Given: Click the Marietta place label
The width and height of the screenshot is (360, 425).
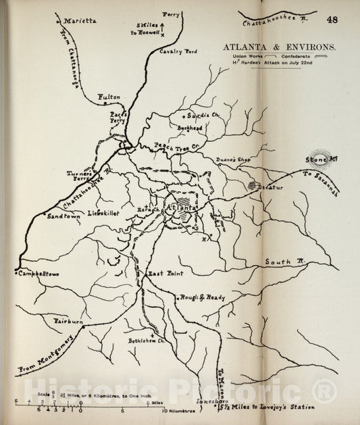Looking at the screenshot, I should (x=80, y=21).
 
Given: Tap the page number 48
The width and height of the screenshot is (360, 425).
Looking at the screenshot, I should (x=332, y=20).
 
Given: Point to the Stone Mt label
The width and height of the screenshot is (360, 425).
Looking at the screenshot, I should (x=316, y=159).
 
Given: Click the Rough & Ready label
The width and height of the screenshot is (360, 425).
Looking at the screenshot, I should (x=197, y=297).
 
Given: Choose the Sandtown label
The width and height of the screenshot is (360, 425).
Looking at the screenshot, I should (x=61, y=216).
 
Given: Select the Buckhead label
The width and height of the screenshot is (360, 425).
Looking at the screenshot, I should (x=190, y=126).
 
